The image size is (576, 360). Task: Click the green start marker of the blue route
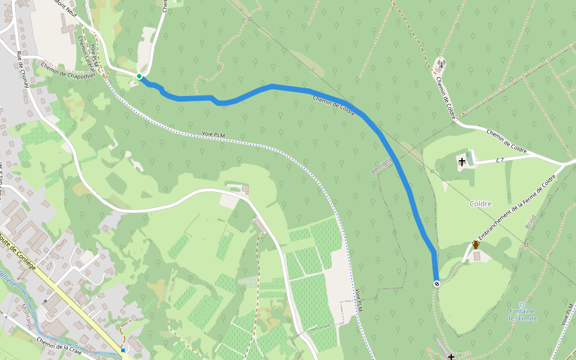[139, 76]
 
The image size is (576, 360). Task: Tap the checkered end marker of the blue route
[436, 284]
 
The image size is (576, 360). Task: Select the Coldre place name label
[481, 203]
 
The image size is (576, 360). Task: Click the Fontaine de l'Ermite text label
[521, 314]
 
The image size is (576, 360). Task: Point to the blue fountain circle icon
[521, 305]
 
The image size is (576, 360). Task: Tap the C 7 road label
[499, 160]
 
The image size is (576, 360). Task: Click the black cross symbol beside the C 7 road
[462, 161]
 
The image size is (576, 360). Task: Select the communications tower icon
[440, 63]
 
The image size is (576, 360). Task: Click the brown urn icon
[476, 245]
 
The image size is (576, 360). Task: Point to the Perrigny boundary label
[382, 164]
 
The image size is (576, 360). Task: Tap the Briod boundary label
[530, 222]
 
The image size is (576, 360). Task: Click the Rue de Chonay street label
[23, 70]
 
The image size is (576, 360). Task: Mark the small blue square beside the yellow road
[122, 350]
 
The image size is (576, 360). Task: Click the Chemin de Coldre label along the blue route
[333, 103]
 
